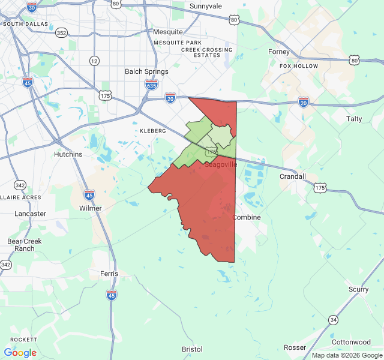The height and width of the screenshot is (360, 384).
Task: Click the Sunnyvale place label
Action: click(206, 6)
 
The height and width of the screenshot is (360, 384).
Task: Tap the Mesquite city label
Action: click(168, 32)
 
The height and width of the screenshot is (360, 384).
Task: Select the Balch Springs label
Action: click(146, 71)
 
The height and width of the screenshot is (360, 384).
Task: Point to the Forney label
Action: click(279, 52)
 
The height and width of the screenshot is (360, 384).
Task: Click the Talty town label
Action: click(355, 119)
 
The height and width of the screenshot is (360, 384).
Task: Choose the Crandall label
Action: click(293, 176)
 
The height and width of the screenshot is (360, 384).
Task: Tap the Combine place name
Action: click(247, 217)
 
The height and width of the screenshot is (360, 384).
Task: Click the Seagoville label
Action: click(221, 164)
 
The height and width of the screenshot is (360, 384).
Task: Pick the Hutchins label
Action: click(68, 154)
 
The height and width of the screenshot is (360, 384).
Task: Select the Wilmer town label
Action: click(91, 208)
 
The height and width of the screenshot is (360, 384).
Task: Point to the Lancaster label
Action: click(30, 214)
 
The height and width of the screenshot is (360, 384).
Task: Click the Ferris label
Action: click(109, 274)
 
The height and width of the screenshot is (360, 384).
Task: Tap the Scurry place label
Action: click(359, 289)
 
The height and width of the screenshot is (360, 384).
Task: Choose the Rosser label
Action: click(295, 347)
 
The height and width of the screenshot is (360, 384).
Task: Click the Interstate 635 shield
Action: click(151, 85)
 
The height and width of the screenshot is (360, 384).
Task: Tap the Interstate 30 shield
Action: click(32, 7)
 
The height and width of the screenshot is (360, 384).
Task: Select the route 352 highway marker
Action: click(61, 32)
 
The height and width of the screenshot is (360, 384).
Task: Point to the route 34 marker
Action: click(334, 319)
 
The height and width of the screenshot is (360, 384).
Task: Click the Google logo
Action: click(20, 353)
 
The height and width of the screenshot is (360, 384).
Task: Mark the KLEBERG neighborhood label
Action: click(152, 130)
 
